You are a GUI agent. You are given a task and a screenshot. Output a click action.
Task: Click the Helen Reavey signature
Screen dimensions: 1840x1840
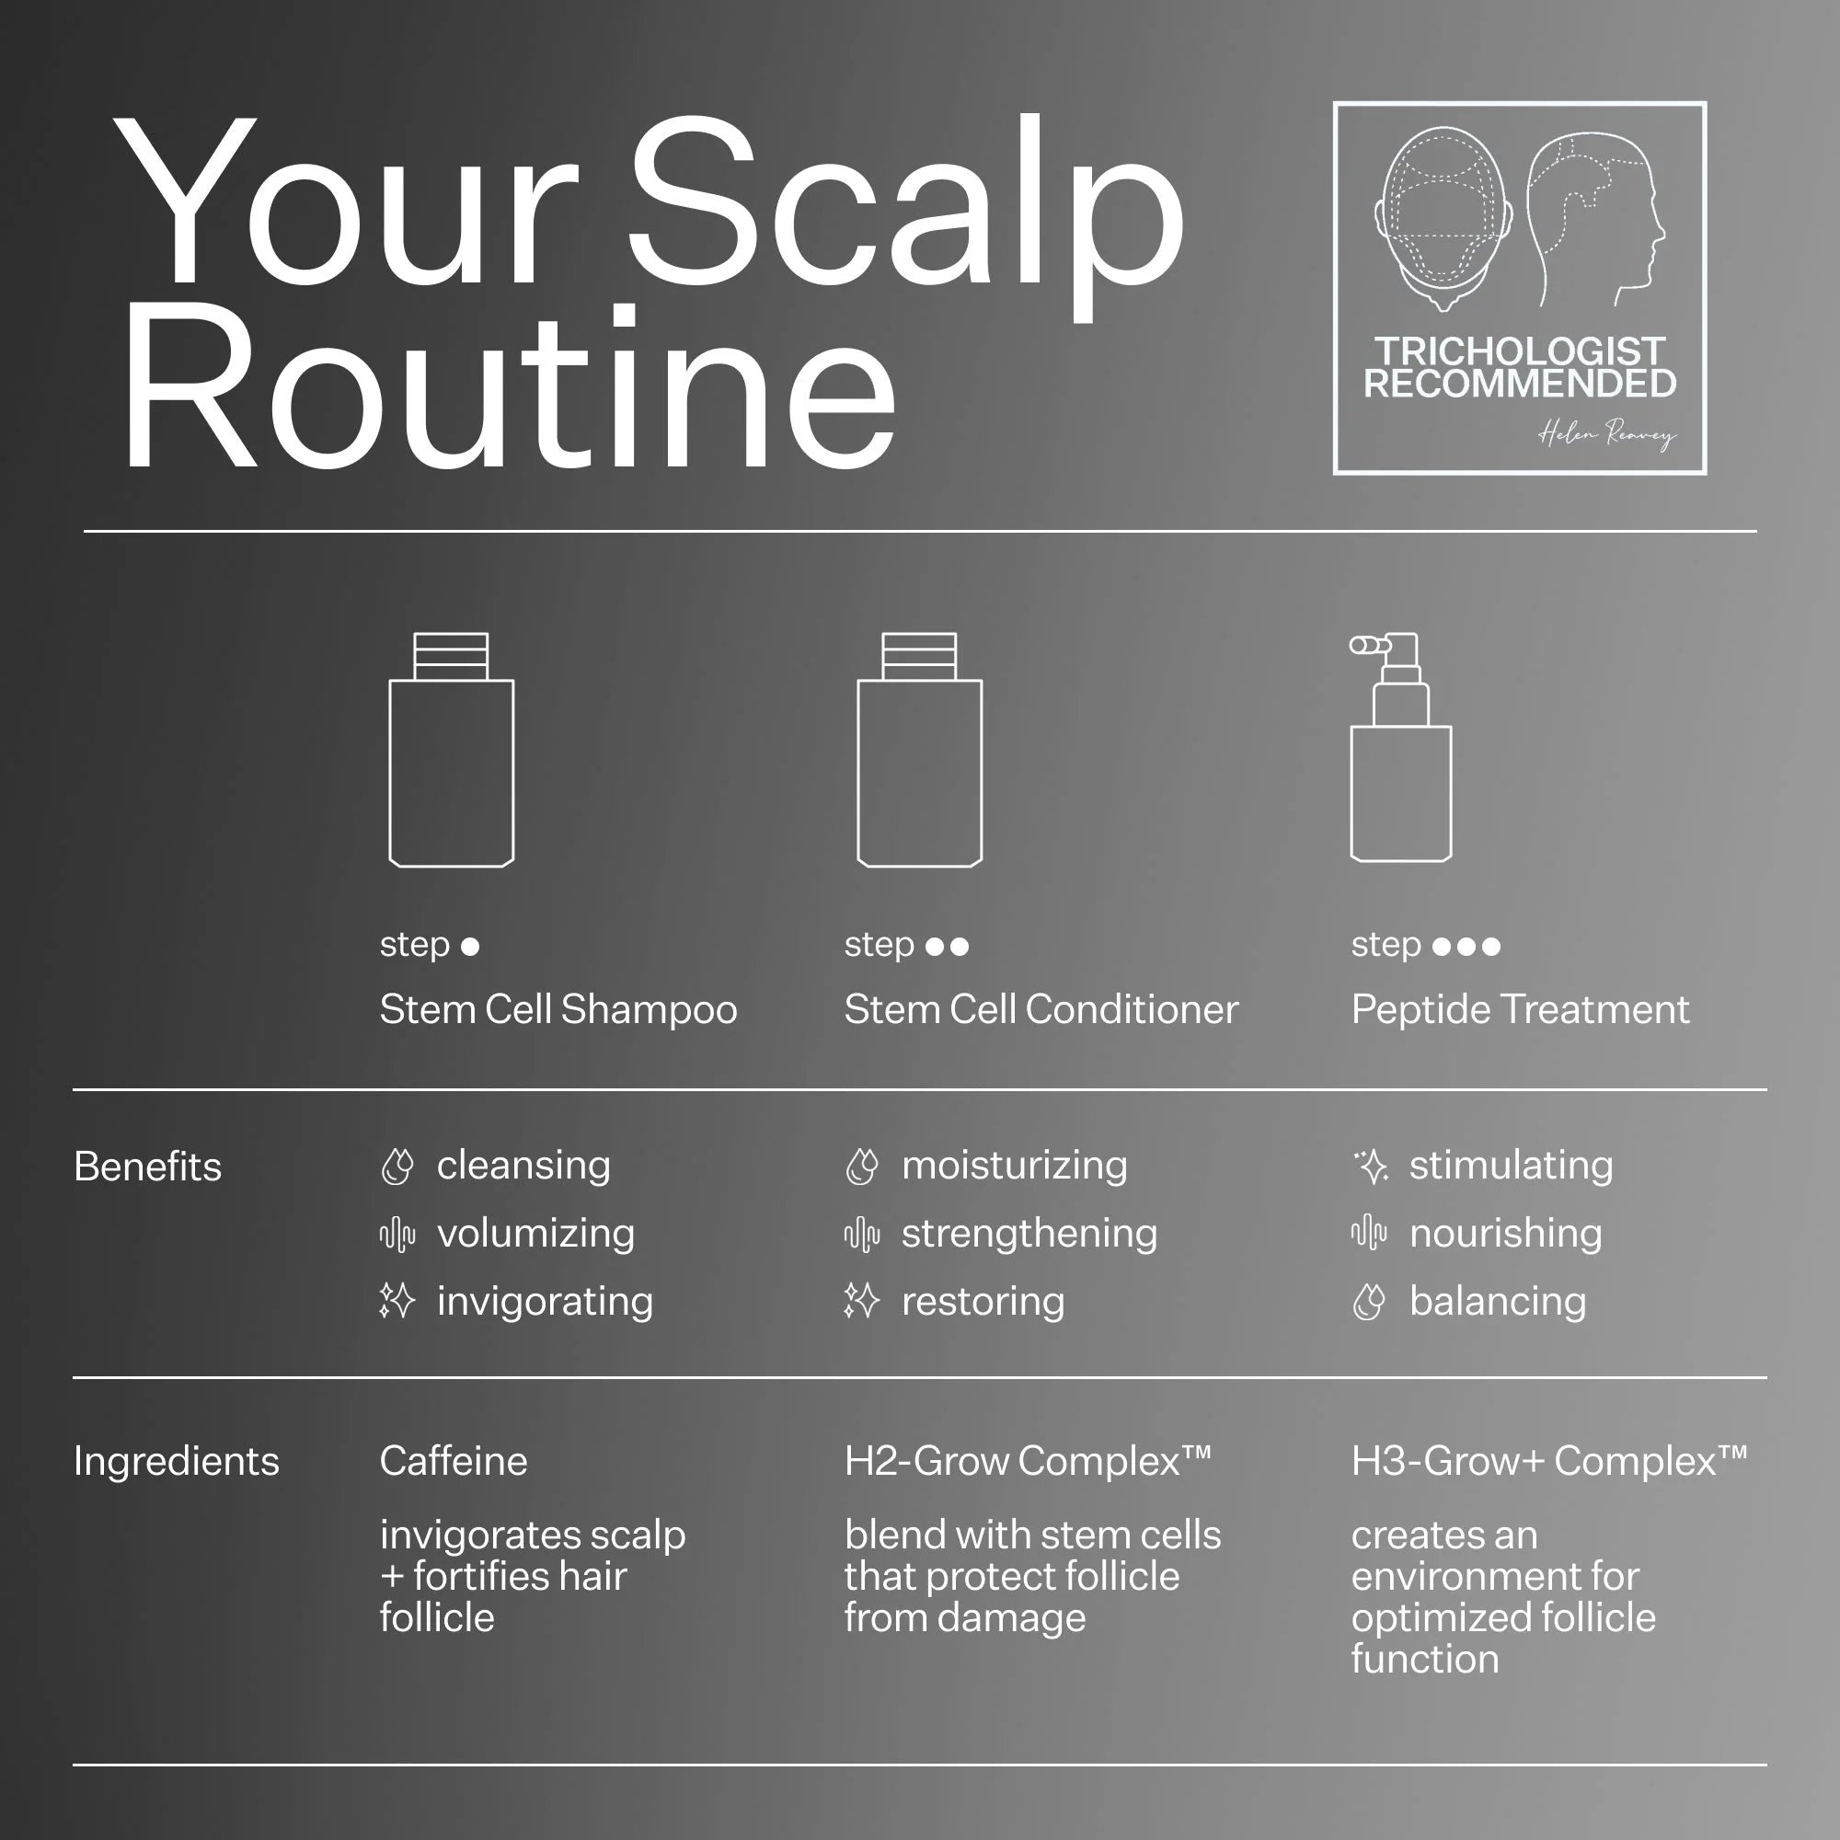pos(1606,435)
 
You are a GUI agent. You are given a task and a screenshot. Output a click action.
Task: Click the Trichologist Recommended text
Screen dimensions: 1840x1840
pos(1520,368)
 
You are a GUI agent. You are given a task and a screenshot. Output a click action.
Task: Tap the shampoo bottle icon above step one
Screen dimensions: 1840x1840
pos(452,750)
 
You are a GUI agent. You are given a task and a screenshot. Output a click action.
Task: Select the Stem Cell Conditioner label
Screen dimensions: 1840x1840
pos(1041,1009)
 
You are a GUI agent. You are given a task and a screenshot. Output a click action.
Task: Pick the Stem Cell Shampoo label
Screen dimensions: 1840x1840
pos(558,1009)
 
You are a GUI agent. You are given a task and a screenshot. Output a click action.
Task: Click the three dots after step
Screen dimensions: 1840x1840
pos(1466,947)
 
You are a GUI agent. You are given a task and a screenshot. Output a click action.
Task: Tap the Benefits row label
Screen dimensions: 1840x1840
pos(147,1167)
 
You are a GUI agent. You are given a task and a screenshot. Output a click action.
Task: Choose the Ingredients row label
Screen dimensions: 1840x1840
pos(177,1461)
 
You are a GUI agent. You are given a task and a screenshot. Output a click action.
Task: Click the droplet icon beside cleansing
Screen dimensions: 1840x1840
pos(397,1167)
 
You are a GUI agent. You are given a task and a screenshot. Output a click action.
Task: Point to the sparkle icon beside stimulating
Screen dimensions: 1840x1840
pos(1371,1166)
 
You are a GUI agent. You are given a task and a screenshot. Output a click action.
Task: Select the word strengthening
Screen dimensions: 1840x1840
pos(1029,1235)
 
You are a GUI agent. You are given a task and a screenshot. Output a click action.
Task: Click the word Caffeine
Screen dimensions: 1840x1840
pos(454,1461)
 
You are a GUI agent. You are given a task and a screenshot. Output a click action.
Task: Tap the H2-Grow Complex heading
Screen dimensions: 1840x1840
pos(1028,1461)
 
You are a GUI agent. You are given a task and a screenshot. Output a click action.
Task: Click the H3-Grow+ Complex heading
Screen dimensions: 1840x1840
pos(1549,1461)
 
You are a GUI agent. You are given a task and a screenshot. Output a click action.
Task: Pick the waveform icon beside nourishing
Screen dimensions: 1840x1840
pos(1369,1233)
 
